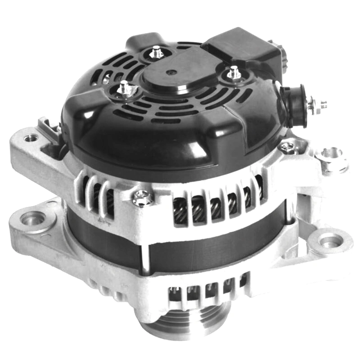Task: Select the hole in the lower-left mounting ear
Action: (x=32, y=219)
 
